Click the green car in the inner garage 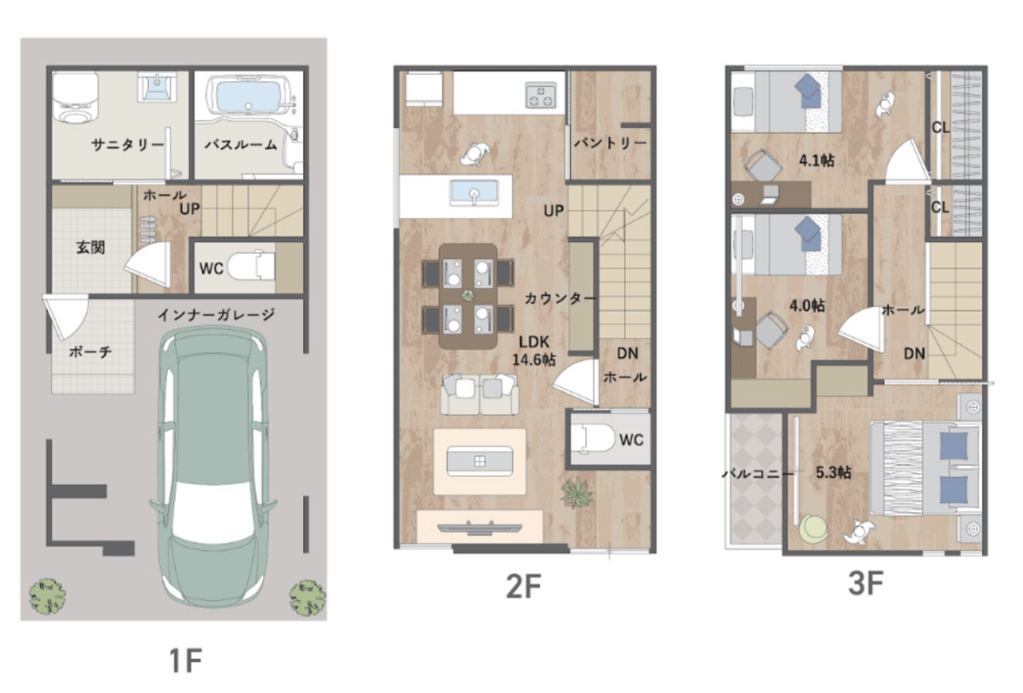[x=213, y=467]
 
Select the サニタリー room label [x=127, y=145]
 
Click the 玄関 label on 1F [x=90, y=247]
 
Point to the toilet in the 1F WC [x=251, y=267]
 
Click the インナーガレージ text [x=216, y=315]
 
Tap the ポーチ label [x=90, y=352]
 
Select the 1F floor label [x=186, y=660]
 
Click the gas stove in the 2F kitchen [x=541, y=95]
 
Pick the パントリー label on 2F [x=610, y=142]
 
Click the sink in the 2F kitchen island [x=474, y=193]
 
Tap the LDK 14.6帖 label [x=533, y=351]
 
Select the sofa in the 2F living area [x=480, y=394]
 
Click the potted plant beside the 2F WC [x=576, y=492]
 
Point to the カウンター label [x=561, y=299]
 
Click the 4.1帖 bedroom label [x=817, y=160]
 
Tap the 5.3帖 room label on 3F [x=833, y=472]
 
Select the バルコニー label [x=757, y=474]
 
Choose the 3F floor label [x=866, y=583]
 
